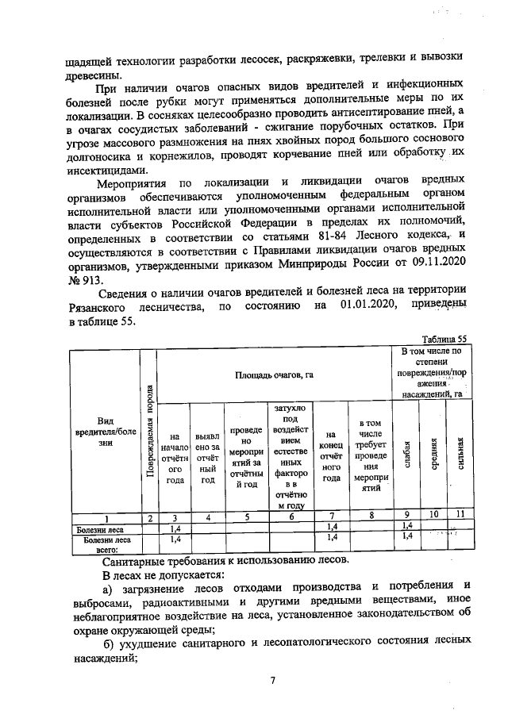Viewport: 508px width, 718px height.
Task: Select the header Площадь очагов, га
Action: [275, 373]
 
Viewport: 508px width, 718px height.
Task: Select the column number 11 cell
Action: [459, 517]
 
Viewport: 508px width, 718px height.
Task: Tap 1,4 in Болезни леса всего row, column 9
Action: [406, 538]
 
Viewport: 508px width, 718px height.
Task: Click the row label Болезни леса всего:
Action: [104, 543]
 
